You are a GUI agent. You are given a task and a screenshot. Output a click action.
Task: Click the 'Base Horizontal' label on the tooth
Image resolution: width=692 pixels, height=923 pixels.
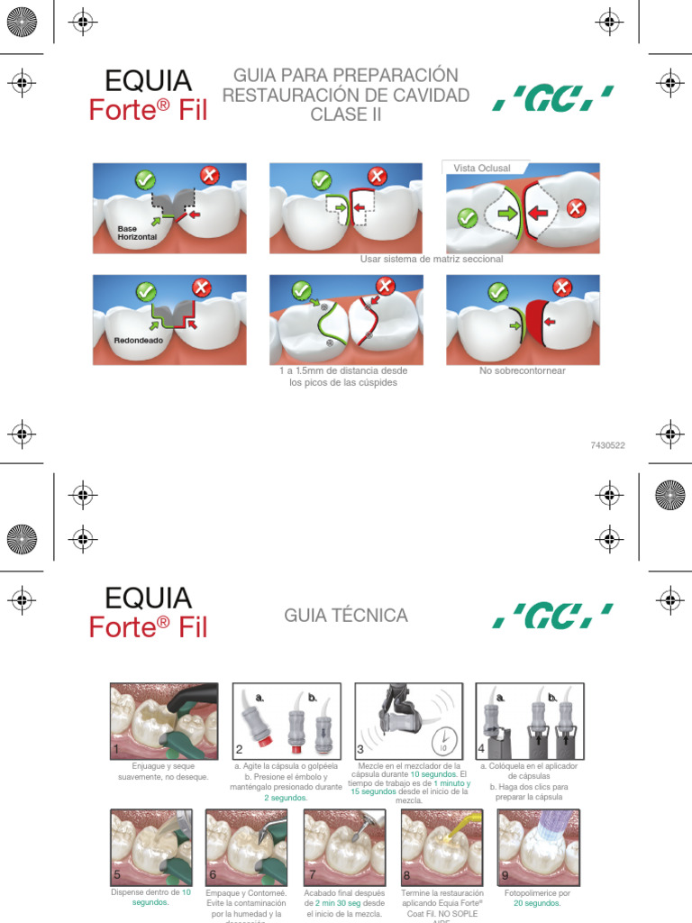click(x=137, y=233)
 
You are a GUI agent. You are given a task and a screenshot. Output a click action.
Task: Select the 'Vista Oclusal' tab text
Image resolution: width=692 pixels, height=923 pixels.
click(x=482, y=169)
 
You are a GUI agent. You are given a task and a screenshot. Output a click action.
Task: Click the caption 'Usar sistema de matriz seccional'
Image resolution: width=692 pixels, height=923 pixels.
click(x=431, y=259)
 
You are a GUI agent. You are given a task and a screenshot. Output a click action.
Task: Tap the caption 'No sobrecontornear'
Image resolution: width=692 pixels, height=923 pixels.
click(x=523, y=370)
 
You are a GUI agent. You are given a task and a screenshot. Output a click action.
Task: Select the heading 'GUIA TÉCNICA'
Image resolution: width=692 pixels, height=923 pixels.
click(x=346, y=616)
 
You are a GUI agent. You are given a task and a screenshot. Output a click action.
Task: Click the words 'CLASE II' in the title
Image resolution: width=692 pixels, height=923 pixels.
click(x=346, y=114)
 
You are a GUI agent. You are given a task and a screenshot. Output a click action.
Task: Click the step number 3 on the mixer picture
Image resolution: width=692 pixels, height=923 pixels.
click(x=360, y=749)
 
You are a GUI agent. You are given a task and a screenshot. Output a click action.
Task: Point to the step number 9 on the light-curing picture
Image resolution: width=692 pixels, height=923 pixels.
click(x=505, y=874)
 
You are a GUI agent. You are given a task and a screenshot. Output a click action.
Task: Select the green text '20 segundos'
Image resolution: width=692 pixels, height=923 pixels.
click(x=537, y=903)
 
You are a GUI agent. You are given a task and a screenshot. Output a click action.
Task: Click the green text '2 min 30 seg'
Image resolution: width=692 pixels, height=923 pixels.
click(x=338, y=903)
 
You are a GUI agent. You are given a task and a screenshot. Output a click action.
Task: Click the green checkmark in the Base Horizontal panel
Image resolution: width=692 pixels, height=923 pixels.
click(x=144, y=179)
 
